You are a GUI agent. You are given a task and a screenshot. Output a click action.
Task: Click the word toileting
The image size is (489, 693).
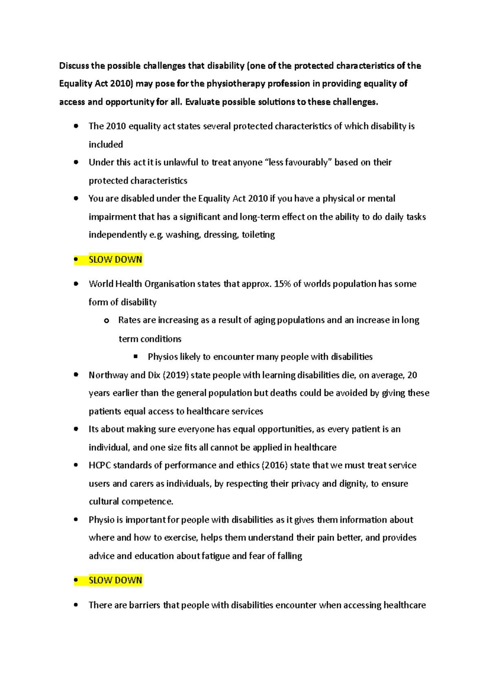[258, 235]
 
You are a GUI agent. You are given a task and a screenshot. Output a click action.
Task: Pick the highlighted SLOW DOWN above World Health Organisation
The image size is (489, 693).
[115, 260]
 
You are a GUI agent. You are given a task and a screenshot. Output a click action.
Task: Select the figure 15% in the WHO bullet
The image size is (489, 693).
[282, 284]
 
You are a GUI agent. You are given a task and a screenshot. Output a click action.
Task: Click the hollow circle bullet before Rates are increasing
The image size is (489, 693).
[106, 321]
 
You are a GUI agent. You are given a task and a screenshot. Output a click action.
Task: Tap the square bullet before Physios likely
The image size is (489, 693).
[136, 356]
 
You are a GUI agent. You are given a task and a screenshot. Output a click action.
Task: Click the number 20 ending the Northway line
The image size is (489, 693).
[412, 375]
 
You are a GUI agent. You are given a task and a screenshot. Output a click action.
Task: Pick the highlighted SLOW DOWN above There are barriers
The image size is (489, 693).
[115, 580]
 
